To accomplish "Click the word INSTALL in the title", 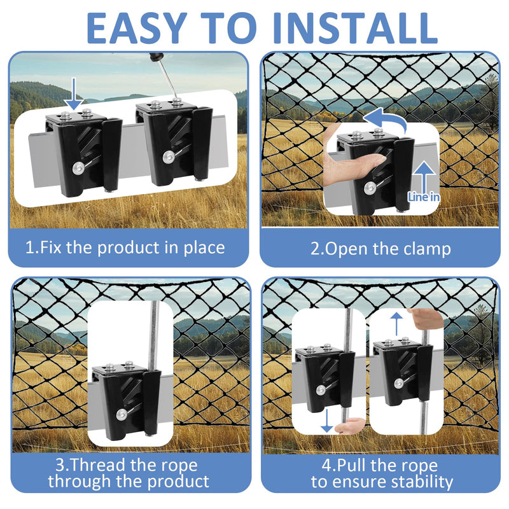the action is click(356, 28).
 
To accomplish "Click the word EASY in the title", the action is click(137, 28).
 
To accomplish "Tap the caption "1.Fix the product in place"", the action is click(125, 248).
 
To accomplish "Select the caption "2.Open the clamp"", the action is click(380, 249).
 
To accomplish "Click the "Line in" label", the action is click(424, 197).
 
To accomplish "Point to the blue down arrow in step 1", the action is click(74, 94).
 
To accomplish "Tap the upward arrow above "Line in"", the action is click(424, 178).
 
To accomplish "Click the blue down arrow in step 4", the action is click(327, 421).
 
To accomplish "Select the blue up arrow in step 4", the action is click(396, 324).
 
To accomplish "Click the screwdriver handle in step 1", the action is click(155, 57).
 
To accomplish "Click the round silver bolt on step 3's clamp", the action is click(122, 414).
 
